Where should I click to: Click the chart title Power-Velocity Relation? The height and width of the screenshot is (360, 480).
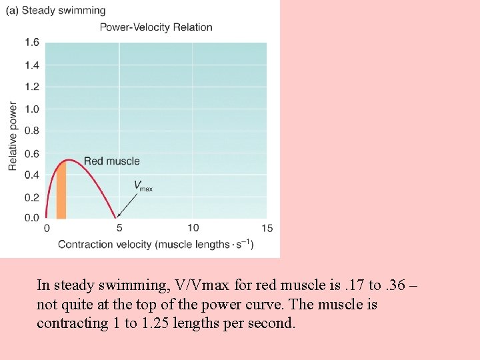[x=156, y=27]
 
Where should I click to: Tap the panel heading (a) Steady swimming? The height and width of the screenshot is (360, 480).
[x=55, y=11]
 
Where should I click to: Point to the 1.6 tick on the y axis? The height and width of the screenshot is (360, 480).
[x=32, y=43]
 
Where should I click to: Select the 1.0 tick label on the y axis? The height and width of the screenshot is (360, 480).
[x=32, y=109]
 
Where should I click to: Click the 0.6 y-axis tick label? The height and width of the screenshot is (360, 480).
[x=32, y=153]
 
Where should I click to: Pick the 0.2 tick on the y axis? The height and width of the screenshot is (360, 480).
[x=32, y=197]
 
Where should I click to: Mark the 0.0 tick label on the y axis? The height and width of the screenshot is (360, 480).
[x=32, y=218]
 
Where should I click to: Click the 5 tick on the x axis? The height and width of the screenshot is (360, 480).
[x=119, y=229]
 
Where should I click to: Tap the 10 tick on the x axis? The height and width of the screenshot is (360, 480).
[x=193, y=229]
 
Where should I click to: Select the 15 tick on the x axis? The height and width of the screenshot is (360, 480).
[x=267, y=229]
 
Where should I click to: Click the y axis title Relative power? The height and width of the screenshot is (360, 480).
[x=13, y=136]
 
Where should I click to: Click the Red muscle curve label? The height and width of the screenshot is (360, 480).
[x=111, y=161]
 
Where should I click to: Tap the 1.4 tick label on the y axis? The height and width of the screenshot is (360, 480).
[x=32, y=65]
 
